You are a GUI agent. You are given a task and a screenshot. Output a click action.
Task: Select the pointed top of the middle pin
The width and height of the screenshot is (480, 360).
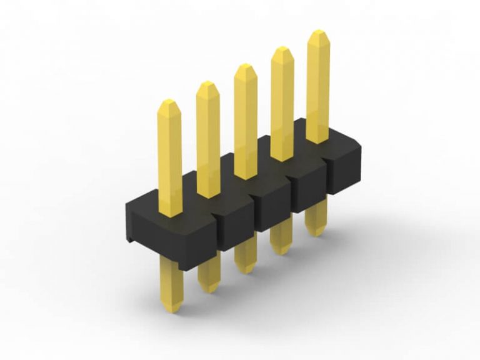(244, 65)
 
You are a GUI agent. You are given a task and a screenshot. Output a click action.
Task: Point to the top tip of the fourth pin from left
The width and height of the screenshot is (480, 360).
(282, 48)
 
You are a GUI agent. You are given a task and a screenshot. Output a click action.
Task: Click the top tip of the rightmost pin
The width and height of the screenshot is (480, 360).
(318, 31)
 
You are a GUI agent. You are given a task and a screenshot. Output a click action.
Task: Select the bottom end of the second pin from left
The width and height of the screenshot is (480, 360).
(209, 291)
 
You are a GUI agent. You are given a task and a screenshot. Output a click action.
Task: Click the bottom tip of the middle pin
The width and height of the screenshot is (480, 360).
(246, 271)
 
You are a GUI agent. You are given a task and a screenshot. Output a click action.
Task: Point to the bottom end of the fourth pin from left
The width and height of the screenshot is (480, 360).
(282, 252)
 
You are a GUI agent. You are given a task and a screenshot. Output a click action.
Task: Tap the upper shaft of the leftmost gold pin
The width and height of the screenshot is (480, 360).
(169, 156)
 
